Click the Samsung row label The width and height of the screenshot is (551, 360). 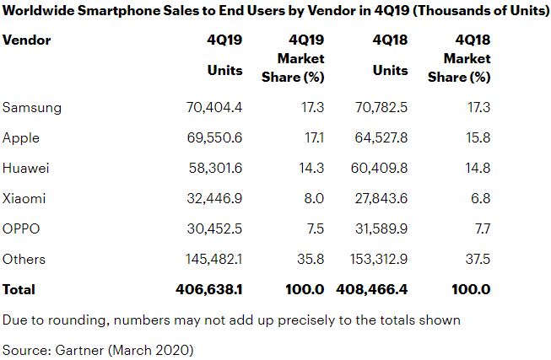32,108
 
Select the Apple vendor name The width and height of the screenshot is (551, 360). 21,137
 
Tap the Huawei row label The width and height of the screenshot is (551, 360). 26,168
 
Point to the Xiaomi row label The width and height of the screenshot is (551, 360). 24,198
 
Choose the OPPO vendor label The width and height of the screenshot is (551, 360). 21,228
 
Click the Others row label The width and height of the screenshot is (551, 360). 24,259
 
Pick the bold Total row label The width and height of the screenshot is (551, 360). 19,289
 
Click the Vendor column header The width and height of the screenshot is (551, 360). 27,40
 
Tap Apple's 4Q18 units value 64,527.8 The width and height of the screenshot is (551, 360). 379,137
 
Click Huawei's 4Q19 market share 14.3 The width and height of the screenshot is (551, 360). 311,168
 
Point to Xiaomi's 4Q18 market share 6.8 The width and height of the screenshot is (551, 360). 479,198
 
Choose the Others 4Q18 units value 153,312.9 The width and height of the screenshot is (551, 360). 375,259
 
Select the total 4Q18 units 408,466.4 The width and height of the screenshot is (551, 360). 373,289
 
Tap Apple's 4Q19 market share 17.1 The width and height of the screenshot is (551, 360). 311,137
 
